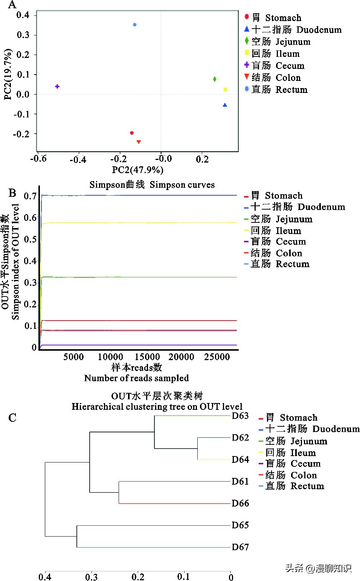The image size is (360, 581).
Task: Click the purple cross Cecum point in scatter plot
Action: coord(57,87)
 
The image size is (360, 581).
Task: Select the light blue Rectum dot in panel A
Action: coord(135,25)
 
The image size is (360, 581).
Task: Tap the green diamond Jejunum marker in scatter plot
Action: coord(215,79)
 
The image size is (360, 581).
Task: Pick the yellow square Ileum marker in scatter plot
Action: coord(225,90)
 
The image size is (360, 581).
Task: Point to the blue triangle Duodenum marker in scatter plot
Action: coord(225,105)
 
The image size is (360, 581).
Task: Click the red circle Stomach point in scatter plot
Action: coord(132,133)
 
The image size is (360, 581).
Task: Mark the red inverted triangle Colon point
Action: coord(139,142)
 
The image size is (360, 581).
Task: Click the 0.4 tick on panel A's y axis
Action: coord(23,15)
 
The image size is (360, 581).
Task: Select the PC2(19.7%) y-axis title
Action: coord(8,75)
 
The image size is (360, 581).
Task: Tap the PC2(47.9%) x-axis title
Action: coord(137,170)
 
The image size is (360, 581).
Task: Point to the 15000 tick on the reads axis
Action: coord(147,357)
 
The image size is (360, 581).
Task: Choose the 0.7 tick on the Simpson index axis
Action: coord(30,196)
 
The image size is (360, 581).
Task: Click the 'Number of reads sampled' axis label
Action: coord(136,378)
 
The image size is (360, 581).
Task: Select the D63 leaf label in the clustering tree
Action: coord(240,416)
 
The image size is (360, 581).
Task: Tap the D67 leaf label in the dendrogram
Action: coord(240,547)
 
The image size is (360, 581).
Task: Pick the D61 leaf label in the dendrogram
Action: coord(240,481)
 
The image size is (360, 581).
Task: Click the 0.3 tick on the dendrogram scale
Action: coord(92,577)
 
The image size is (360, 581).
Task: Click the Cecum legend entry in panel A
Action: coord(278,66)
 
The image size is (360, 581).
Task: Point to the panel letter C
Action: coord(12,418)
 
